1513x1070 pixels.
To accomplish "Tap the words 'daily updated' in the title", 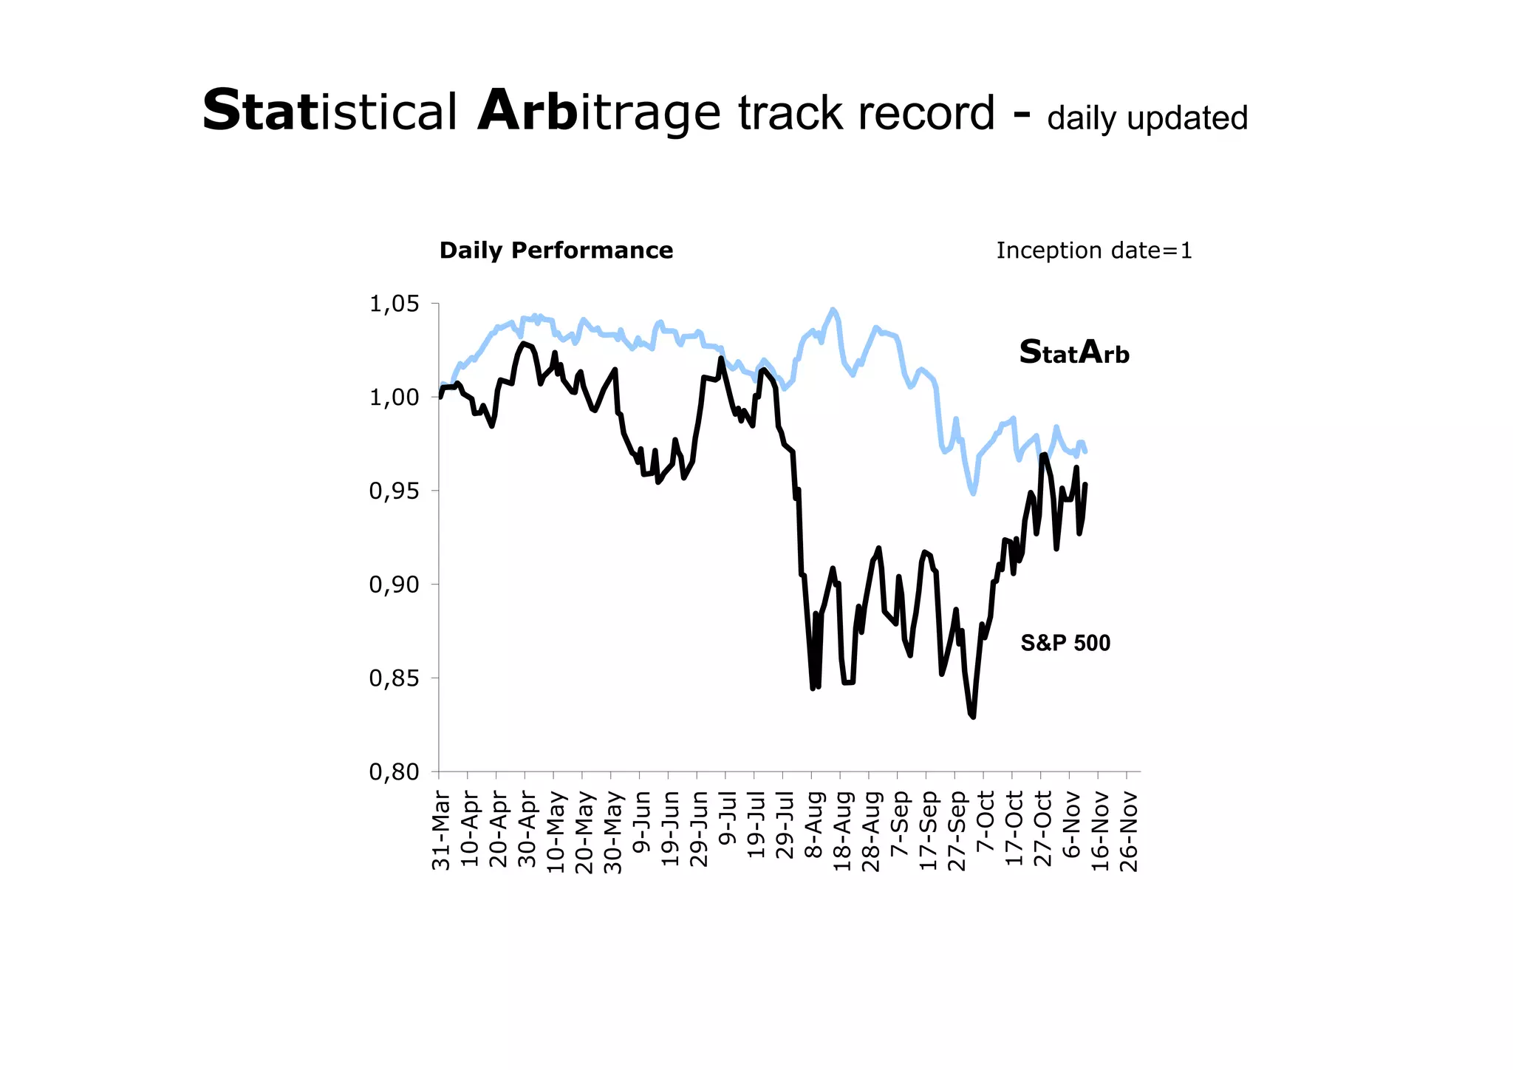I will tap(1147, 118).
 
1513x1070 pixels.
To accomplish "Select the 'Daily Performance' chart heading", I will tap(556, 251).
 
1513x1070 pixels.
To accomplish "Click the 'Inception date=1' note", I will tap(1093, 251).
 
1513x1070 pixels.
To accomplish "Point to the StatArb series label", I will tap(1074, 352).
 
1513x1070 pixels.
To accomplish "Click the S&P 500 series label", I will tap(1065, 643).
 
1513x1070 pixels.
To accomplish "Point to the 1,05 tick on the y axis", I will tap(394, 304).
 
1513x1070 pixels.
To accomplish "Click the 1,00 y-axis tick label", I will tap(394, 398).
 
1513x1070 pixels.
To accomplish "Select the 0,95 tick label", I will tap(394, 491).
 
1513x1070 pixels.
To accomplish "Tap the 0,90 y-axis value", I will tap(394, 585).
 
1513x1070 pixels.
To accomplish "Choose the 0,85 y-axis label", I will tap(394, 678).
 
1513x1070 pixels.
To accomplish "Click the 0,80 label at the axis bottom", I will tap(394, 771).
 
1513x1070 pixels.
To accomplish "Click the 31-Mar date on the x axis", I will tap(440, 830).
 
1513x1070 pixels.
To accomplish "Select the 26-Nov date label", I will tap(1128, 830).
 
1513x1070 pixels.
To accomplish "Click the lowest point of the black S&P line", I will tap(974, 716).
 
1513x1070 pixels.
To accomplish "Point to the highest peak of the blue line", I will tap(833, 310).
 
